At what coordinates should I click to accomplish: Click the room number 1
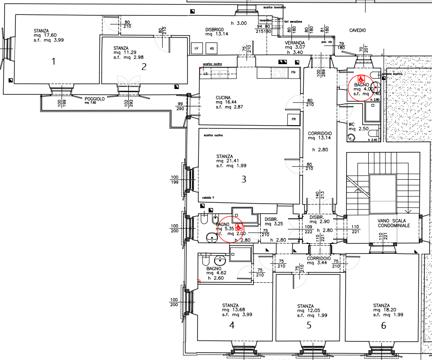pos(53,61)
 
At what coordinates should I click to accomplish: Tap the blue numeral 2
pos(144,67)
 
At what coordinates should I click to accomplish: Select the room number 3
pos(243,179)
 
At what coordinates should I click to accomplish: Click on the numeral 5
pos(309,325)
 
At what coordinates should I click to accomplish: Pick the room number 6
pos(384,326)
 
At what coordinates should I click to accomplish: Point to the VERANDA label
pos(294,42)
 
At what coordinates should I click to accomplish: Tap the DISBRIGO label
pos(214,29)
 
